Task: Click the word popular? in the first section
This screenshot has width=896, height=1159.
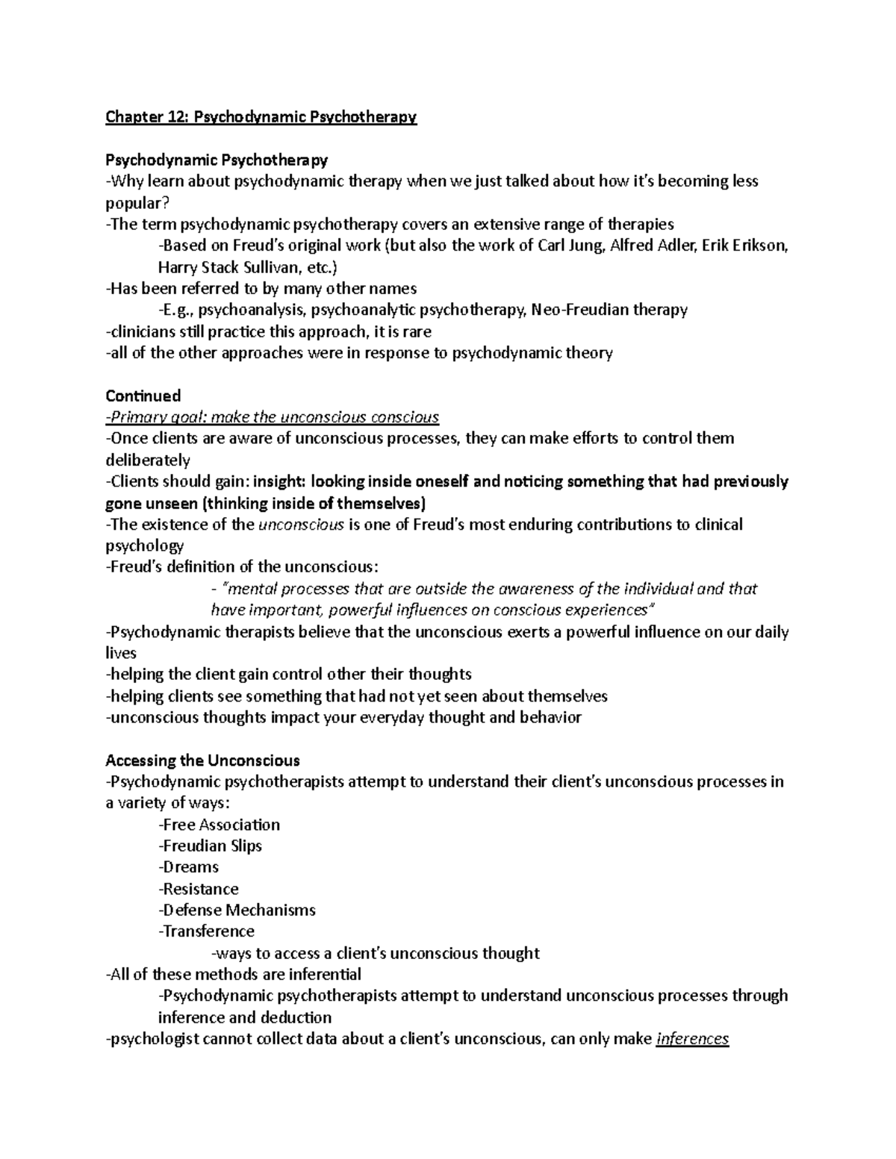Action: pyautogui.click(x=137, y=203)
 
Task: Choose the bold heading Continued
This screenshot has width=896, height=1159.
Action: pyautogui.click(x=143, y=396)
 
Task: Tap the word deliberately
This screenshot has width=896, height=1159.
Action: pyautogui.click(x=148, y=460)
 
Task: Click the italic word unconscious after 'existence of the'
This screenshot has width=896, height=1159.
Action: pyautogui.click(x=301, y=525)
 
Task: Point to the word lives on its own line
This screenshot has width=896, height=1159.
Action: pyautogui.click(x=121, y=653)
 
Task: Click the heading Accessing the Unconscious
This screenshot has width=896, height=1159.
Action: pyautogui.click(x=202, y=760)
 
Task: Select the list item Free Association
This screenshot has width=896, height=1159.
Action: pyautogui.click(x=220, y=825)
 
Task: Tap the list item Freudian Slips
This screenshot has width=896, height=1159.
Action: pyautogui.click(x=211, y=846)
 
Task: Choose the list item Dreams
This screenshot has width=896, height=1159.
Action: pyautogui.click(x=189, y=867)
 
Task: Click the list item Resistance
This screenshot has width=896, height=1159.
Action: pyautogui.click(x=199, y=889)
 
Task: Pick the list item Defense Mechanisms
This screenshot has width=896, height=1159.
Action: pyautogui.click(x=237, y=910)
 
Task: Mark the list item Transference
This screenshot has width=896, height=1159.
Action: pyautogui.click(x=207, y=931)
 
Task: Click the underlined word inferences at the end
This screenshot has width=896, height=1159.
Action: pyautogui.click(x=691, y=1039)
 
